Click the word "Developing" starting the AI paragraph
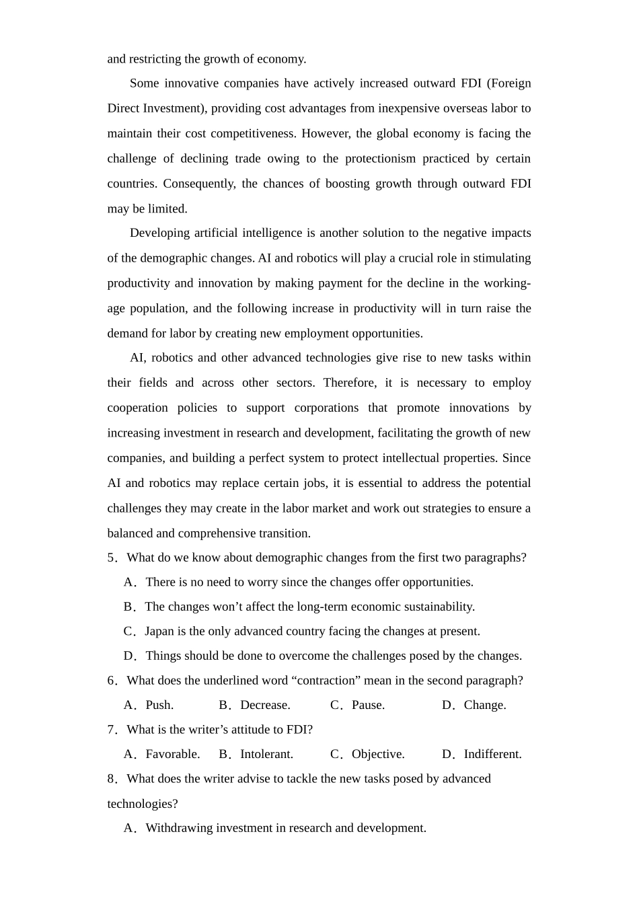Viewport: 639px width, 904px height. pos(159,233)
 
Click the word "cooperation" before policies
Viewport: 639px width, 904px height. pos(137,408)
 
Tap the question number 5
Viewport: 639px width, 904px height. pos(111,558)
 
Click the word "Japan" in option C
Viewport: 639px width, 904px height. pos(159,632)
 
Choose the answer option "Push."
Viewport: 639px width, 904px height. pos(159,706)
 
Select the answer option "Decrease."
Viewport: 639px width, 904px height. pos(265,706)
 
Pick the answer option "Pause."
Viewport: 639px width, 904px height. pos(368,706)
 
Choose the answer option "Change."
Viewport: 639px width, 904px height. pos(484,706)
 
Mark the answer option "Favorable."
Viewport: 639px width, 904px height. pos(172,755)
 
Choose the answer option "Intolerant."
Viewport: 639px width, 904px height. pos(266,755)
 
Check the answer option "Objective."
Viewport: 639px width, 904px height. pos(378,755)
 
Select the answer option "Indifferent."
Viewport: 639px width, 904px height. pos(492,755)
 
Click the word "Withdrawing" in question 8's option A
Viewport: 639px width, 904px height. pos(178,829)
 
